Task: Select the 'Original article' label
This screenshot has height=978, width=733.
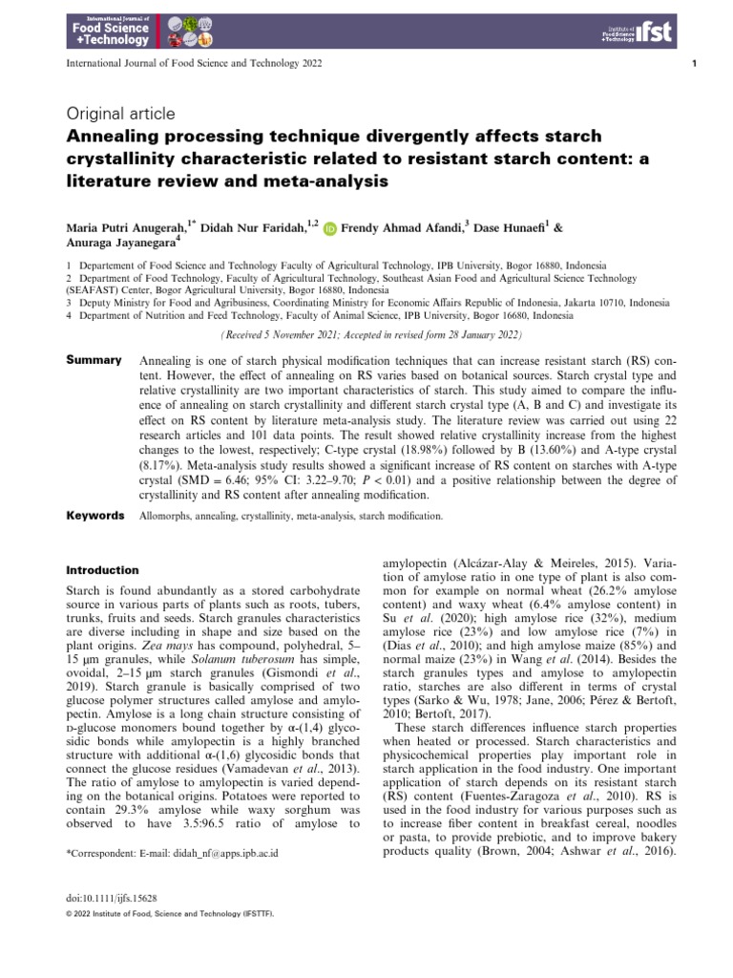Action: coord(120,115)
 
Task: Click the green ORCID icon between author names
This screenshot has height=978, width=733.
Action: coord(330,229)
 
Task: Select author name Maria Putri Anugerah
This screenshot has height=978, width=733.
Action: coord(125,229)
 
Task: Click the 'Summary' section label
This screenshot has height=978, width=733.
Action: coord(94,360)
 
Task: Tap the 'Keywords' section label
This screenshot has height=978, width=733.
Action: coord(95,516)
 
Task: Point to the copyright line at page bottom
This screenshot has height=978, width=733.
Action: coord(169,914)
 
